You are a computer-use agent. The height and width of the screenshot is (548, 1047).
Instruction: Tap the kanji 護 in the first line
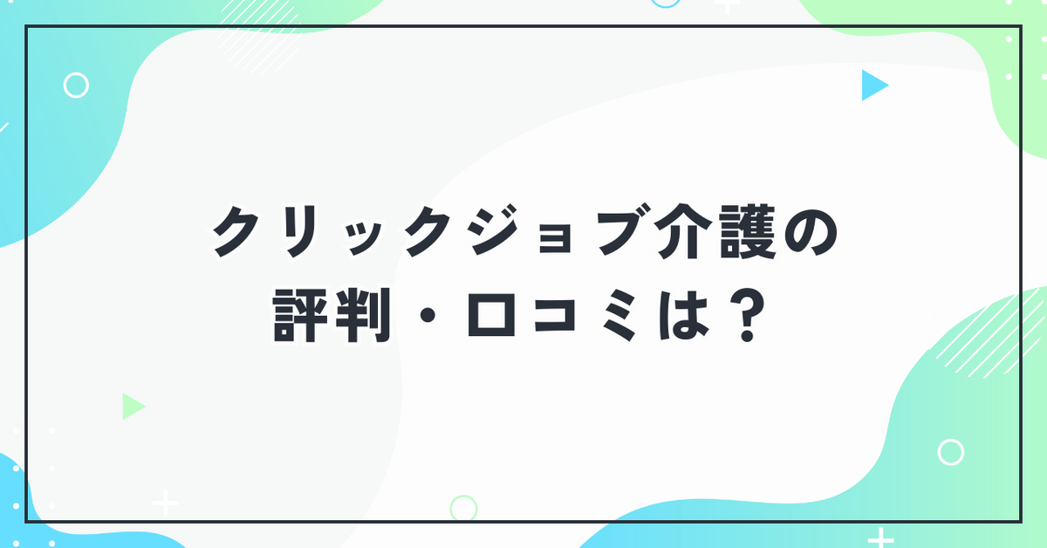pyautogui.click(x=749, y=232)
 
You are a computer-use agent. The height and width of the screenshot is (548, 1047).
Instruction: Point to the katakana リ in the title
pyautogui.click(x=299, y=232)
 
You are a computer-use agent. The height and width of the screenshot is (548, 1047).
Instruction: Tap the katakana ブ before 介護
pyautogui.click(x=618, y=230)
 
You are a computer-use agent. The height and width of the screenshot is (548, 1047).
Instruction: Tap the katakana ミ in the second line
pyautogui.click(x=619, y=316)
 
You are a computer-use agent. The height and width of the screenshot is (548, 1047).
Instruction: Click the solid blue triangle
pyautogui.click(x=872, y=86)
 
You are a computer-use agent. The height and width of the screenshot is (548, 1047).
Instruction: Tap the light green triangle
pyautogui.click(x=132, y=407)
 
